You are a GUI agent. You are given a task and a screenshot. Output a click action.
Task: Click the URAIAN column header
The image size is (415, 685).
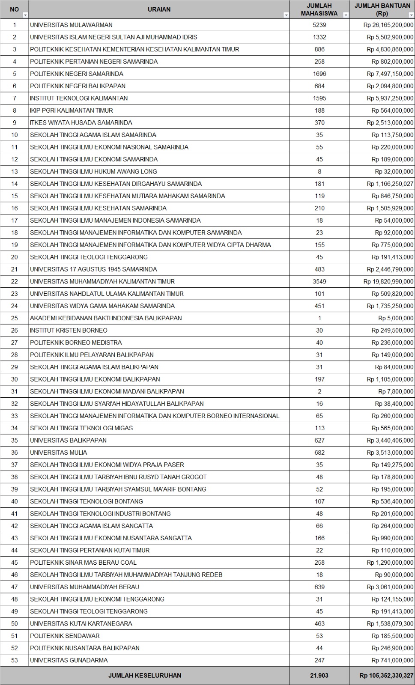[x=159, y=9]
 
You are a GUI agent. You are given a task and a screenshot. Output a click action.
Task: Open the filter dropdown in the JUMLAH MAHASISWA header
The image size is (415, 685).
[x=346, y=15]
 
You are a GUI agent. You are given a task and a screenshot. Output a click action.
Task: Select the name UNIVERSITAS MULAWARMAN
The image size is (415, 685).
[x=71, y=25]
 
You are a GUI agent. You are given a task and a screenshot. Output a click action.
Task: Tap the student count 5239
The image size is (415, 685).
[x=319, y=25]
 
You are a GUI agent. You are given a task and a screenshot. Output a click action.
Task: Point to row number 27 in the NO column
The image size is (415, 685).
[x=15, y=342]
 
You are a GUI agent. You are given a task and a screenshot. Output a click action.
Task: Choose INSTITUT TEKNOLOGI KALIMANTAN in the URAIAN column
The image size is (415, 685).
[x=79, y=98]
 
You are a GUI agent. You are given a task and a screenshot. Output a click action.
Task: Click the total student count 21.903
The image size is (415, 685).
[x=319, y=675]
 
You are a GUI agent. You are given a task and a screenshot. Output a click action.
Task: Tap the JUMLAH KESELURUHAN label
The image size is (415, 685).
[x=145, y=675]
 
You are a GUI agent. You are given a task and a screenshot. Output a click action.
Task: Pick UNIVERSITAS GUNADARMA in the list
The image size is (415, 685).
[x=69, y=660]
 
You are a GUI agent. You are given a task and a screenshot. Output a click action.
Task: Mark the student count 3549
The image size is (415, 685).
[x=319, y=281]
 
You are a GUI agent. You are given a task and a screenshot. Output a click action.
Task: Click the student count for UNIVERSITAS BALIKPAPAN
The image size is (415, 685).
[x=319, y=440]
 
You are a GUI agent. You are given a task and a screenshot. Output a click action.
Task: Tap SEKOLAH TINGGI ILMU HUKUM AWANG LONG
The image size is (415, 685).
[x=93, y=171]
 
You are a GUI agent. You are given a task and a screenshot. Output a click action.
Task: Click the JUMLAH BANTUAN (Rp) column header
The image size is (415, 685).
[x=382, y=9]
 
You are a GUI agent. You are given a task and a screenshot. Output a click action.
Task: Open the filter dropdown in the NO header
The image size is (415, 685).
[x=25, y=15]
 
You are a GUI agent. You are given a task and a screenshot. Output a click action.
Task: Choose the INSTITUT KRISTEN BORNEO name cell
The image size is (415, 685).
[x=69, y=330]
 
